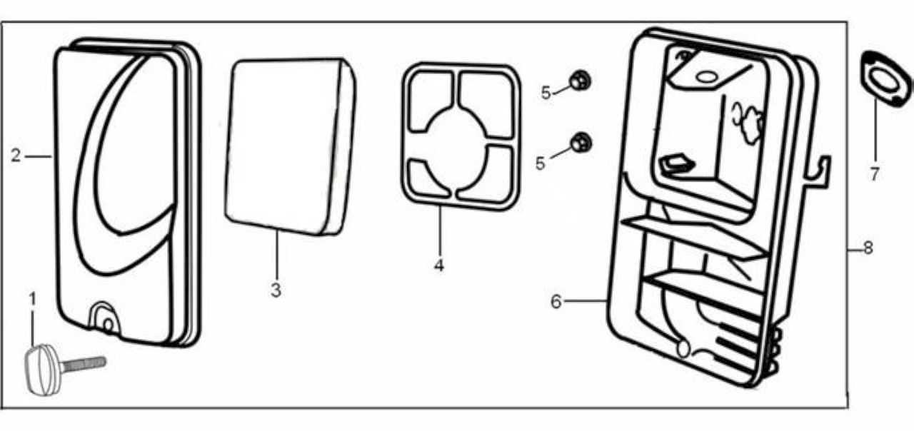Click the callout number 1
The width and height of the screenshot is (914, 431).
pyautogui.click(x=33, y=300)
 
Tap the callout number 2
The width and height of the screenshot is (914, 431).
pyautogui.click(x=16, y=156)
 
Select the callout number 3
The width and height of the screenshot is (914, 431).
pyautogui.click(x=276, y=290)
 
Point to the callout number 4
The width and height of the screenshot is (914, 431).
pyautogui.click(x=439, y=265)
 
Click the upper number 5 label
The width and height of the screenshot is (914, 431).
pyautogui.click(x=546, y=93)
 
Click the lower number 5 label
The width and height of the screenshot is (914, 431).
pyautogui.click(x=541, y=163)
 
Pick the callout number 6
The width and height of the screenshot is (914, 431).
pyautogui.click(x=556, y=302)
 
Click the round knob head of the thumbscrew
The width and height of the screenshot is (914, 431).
pyautogui.click(x=43, y=370)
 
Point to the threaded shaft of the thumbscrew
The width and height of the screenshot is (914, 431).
pyautogui.click(x=83, y=363)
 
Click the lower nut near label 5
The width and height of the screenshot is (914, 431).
pyautogui.click(x=581, y=142)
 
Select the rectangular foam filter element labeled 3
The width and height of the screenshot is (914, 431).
pyautogui.click(x=290, y=147)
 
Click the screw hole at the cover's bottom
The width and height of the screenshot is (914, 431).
pyautogui.click(x=108, y=325)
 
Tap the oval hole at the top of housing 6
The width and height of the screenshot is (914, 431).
pyautogui.click(x=707, y=76)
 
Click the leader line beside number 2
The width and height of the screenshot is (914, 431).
pyautogui.click(x=39, y=156)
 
